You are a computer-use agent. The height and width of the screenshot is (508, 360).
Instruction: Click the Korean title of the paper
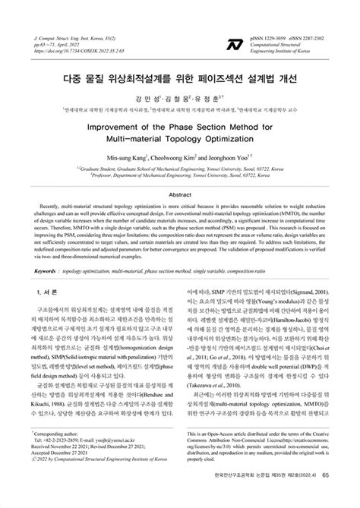coord(179,78)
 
